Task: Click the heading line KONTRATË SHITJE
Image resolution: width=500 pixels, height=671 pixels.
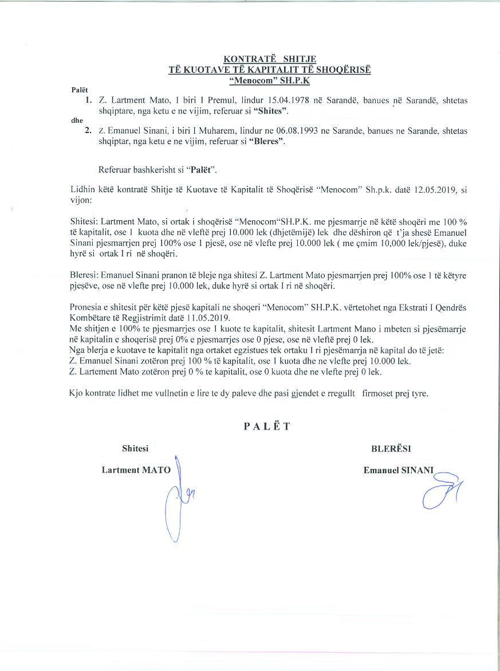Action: click(x=269, y=59)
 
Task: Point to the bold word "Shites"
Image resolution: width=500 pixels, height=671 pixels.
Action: click(x=270, y=110)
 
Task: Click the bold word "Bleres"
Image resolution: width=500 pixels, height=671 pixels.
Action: click(x=267, y=141)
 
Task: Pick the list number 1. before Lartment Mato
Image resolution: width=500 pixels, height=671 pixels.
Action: click(x=88, y=100)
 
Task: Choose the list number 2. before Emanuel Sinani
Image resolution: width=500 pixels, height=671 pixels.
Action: click(x=88, y=131)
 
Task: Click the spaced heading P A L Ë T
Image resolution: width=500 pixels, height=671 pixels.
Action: click(x=267, y=426)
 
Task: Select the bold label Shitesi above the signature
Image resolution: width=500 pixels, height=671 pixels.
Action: click(x=135, y=448)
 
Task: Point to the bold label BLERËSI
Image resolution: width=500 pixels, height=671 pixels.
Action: click(x=391, y=449)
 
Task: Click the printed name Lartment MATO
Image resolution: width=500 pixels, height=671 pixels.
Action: click(x=136, y=470)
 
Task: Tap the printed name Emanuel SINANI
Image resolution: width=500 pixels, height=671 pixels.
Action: click(x=399, y=470)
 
